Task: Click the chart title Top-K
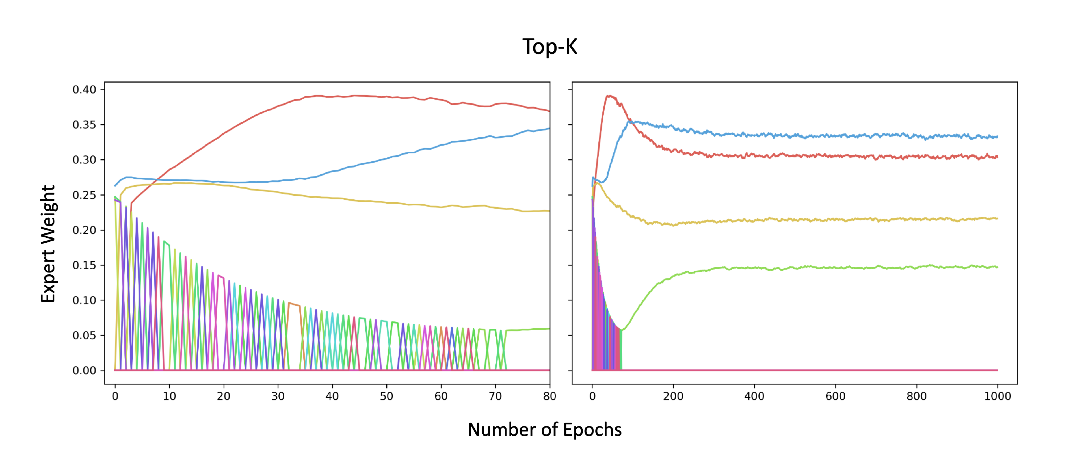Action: pos(550,47)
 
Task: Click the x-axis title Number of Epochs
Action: pos(544,430)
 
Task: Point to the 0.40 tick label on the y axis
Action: pos(84,90)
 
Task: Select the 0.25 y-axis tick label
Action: pos(84,195)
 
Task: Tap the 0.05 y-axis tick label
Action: pos(84,335)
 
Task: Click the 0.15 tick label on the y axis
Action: pos(84,265)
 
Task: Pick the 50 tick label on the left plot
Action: pos(386,396)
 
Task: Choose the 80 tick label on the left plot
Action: pos(550,396)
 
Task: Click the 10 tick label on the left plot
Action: pos(169,396)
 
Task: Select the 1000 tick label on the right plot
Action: pos(997,396)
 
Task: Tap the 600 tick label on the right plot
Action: pos(835,396)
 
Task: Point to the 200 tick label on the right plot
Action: pos(673,396)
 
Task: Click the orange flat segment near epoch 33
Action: pos(294,304)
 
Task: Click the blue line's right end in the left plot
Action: pos(549,129)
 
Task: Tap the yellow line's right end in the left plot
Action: pos(549,211)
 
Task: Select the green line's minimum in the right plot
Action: pos(621,330)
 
